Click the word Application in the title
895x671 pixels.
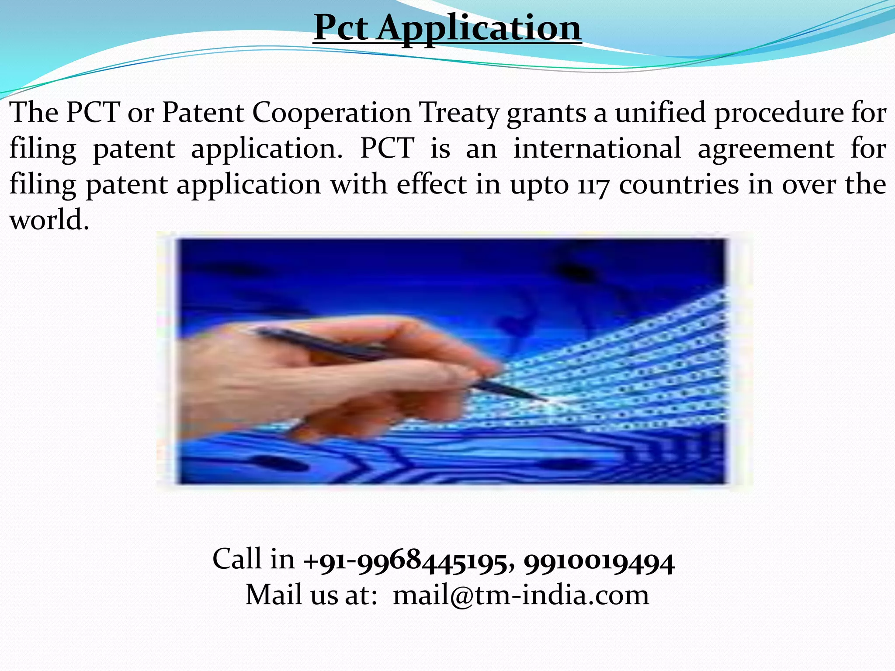click(x=479, y=28)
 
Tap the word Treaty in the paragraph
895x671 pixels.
click(x=459, y=113)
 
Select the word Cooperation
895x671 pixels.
click(x=332, y=113)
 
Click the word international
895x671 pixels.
click(x=597, y=149)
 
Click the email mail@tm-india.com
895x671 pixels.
click(x=521, y=595)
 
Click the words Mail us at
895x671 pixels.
click(x=311, y=595)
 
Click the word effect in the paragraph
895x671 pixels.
click(x=432, y=184)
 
